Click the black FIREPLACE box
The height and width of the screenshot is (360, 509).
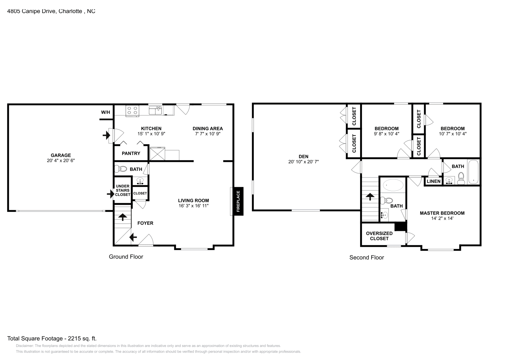(x=239, y=201)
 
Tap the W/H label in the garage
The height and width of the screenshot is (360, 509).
(x=105, y=112)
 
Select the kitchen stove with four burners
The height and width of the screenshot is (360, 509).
(x=132, y=111)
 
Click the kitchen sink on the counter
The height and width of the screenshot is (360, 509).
(x=155, y=110)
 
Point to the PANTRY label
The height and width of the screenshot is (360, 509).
(x=131, y=153)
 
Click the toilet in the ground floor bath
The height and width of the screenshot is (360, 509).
(x=121, y=169)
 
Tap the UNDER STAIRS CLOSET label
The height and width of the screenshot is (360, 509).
(x=123, y=190)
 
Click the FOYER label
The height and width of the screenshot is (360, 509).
(x=145, y=223)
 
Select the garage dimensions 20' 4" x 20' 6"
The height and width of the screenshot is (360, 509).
(x=61, y=160)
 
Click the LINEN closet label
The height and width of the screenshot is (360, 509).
(x=434, y=181)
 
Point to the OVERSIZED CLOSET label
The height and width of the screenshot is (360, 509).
(x=379, y=236)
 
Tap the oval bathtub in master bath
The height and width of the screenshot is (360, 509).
(x=393, y=185)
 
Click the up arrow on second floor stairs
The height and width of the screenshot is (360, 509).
(x=370, y=197)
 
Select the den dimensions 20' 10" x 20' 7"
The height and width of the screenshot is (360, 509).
(x=303, y=162)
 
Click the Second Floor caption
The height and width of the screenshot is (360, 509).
(x=366, y=257)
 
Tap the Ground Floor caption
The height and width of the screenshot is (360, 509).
(x=126, y=257)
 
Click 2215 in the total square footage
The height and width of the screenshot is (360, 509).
(x=74, y=338)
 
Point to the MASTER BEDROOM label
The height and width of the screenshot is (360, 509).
(x=442, y=213)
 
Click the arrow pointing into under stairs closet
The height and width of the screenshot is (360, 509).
(x=111, y=194)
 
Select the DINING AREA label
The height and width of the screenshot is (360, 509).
(x=208, y=128)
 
